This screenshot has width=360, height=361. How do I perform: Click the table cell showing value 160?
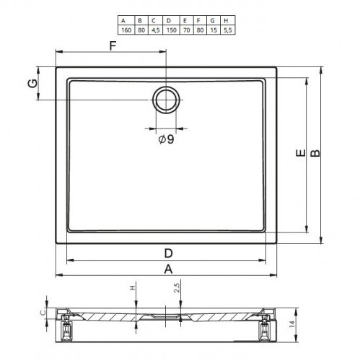coord(126,30)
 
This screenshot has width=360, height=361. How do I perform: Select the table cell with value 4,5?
coord(156,30)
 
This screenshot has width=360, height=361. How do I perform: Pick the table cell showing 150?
coord(171,30)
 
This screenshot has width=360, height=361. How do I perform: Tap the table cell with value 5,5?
coord(227,30)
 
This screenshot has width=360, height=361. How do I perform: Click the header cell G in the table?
coord(212,20)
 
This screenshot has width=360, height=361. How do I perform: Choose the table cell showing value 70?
coord(186,30)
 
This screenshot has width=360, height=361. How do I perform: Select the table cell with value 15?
coord(214,30)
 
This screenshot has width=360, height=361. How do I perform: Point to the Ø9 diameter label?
coord(166,139)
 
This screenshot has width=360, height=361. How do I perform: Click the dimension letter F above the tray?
coord(113,45)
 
